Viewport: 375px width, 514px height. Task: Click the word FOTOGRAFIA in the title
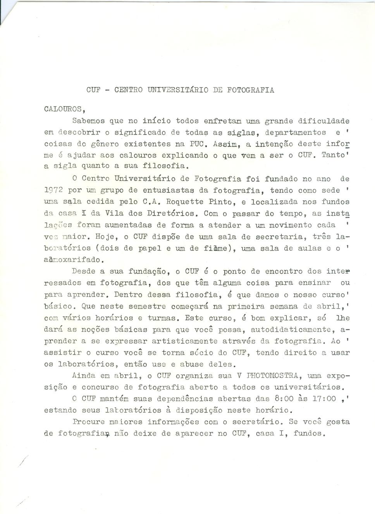250,90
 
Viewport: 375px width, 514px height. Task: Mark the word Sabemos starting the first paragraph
89,121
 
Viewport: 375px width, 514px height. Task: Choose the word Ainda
84,376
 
